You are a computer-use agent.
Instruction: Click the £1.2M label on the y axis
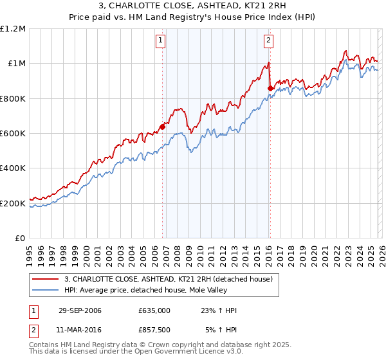[x=14, y=29]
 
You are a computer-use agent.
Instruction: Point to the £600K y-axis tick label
[x=14, y=134]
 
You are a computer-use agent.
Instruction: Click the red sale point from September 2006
[x=162, y=127]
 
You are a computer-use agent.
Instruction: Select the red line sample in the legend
[x=45, y=279]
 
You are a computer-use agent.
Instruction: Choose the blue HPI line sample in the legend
[x=45, y=290]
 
